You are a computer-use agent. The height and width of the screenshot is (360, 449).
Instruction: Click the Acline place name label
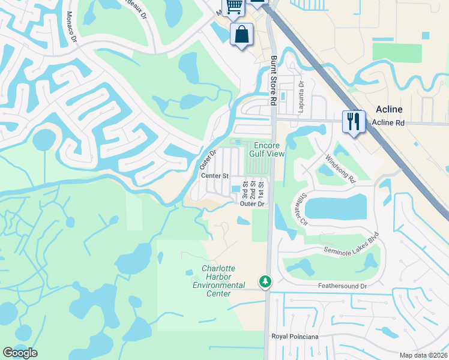(389, 109)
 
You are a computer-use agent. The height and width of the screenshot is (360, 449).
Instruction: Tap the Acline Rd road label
(405, 122)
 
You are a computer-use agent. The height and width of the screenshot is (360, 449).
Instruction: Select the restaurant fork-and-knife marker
(354, 122)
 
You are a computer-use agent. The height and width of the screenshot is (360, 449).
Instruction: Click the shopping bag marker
(241, 34)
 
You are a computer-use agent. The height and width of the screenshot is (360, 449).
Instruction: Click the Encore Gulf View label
(268, 150)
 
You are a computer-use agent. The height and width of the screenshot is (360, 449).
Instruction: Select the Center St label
(215, 176)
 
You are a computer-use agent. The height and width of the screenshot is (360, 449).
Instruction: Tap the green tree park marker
(265, 281)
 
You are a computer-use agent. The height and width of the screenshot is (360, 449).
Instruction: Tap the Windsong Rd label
(341, 169)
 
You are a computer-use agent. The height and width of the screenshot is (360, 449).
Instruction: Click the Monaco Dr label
(72, 27)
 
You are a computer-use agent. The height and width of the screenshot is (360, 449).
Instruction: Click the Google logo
(20, 353)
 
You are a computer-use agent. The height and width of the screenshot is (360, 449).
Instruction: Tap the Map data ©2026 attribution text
(424, 355)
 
